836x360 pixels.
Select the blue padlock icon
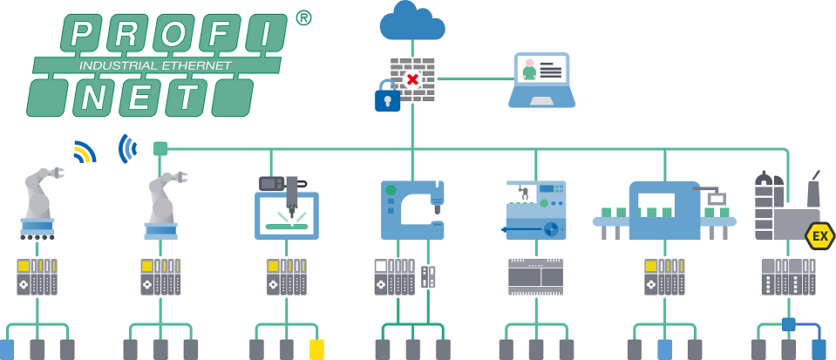[387, 98]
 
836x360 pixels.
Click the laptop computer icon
[540, 80]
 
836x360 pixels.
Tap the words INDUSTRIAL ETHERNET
[155, 65]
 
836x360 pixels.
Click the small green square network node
[160, 148]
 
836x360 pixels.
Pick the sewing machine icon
[413, 209]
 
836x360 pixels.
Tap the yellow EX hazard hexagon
[819, 236]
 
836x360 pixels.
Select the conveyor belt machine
[664, 209]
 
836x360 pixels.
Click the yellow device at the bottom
[317, 349]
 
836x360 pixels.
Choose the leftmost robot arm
[39, 206]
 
